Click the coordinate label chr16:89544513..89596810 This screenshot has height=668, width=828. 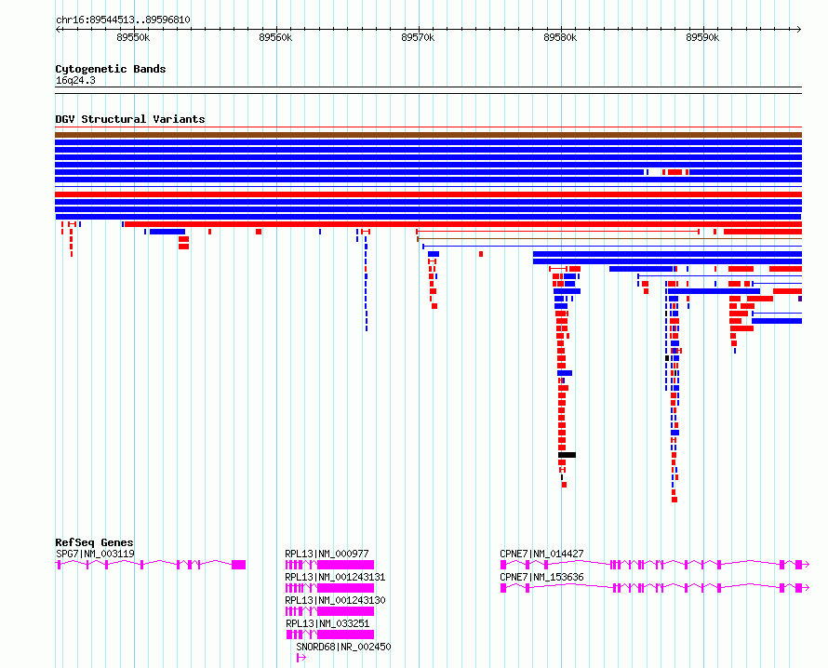coord(123,20)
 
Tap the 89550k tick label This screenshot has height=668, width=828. coord(133,37)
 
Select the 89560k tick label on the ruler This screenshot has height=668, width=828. coord(275,37)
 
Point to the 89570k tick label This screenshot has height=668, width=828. coord(418,37)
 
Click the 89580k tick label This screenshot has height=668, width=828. coord(560,37)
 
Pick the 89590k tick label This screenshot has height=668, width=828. coord(702,37)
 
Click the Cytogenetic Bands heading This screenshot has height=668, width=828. coord(111,69)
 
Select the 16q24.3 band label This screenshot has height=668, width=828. coord(75,80)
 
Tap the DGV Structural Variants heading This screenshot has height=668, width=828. coord(130,119)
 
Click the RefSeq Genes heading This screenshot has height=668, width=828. coord(94,542)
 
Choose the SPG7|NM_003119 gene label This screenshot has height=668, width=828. coord(95,554)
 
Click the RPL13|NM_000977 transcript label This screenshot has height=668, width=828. coord(327,554)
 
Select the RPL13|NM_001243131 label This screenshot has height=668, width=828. coord(335,577)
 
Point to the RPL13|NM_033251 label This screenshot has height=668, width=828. coord(327,623)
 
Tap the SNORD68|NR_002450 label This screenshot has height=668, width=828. coord(344,647)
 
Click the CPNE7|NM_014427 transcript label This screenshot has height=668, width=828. coord(541,554)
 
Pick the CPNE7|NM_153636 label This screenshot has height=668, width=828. coord(541,577)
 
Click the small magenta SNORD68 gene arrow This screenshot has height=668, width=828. coord(301,658)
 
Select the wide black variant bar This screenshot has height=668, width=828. coord(568,455)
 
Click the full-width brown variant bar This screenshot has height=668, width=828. coord(428,135)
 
